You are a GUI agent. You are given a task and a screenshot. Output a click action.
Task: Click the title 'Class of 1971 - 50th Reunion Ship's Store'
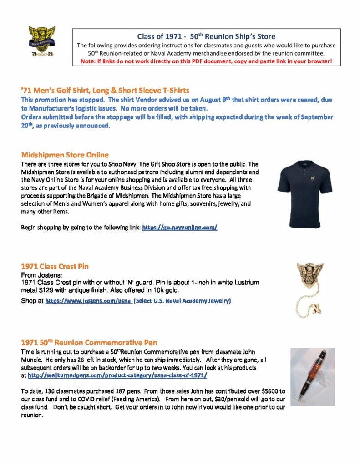(x=206, y=36)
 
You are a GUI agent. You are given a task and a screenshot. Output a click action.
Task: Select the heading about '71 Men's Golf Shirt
(x=105, y=91)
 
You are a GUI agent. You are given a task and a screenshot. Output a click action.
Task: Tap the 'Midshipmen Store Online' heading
(x=65, y=155)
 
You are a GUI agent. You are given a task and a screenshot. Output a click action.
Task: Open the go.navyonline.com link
(x=180, y=226)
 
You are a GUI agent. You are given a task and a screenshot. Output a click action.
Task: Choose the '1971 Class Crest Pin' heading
(x=55, y=266)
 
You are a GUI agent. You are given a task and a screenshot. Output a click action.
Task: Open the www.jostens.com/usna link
(x=88, y=301)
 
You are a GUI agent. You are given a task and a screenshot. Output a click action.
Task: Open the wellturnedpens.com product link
(x=117, y=375)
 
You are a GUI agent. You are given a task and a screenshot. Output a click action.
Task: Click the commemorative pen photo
(x=312, y=377)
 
